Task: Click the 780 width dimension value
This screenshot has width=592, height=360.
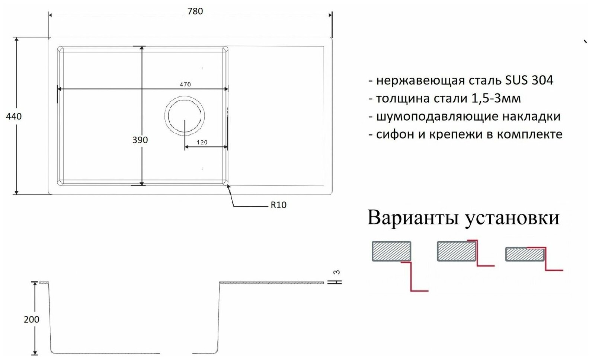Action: point(195,12)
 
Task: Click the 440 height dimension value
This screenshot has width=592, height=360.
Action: point(14,117)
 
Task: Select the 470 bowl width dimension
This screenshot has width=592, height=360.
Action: point(185,85)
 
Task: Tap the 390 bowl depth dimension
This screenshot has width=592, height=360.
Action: point(140,140)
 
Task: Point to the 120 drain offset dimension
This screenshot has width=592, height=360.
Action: point(202,142)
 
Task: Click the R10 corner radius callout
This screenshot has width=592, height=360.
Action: point(278,205)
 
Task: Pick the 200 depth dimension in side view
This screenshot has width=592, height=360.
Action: point(31,319)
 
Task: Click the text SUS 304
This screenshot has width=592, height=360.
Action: point(529,80)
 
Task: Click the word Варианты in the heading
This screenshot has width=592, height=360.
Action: point(413,218)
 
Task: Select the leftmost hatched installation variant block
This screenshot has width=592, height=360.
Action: point(391,251)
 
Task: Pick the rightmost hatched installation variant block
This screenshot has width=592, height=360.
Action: point(525,255)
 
